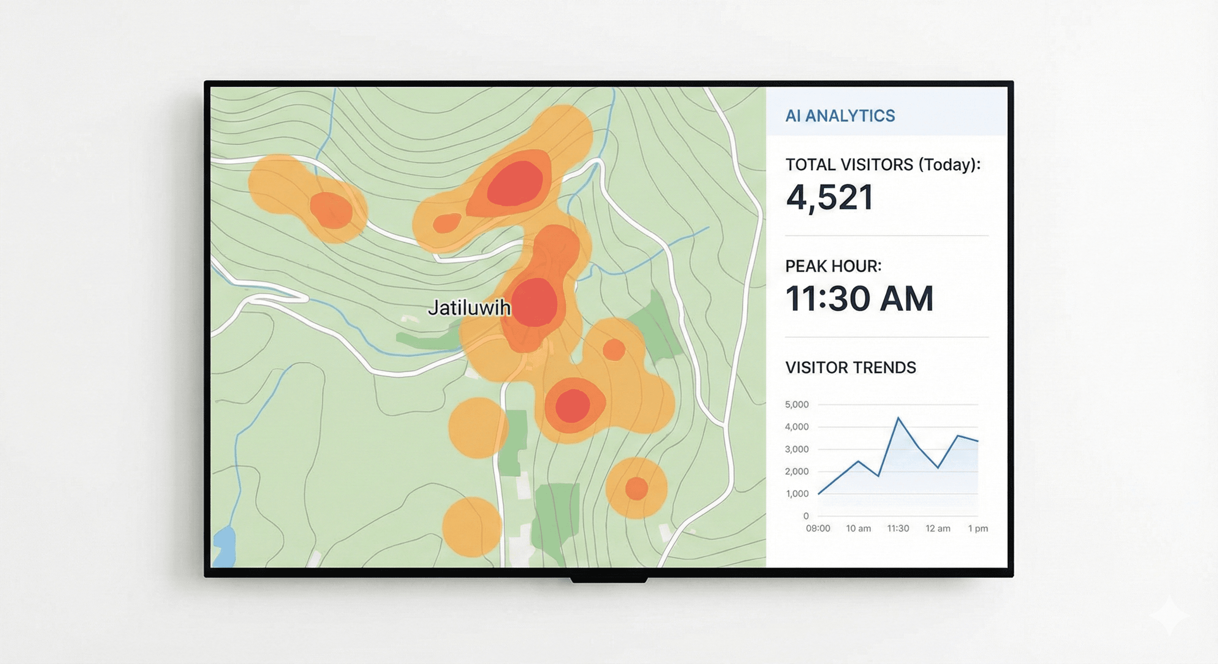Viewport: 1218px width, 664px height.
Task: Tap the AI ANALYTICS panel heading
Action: tap(840, 116)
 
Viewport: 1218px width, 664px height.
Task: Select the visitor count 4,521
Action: tap(829, 198)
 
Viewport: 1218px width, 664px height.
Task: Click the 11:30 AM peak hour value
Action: tap(859, 299)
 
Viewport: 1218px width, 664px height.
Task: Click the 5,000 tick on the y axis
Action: tap(796, 405)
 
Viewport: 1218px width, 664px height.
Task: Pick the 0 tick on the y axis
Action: tap(806, 516)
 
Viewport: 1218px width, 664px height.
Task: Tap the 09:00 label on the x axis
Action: tap(817, 528)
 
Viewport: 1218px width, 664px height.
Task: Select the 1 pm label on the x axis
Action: tap(978, 528)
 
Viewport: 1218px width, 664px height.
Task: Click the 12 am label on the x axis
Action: tap(937, 528)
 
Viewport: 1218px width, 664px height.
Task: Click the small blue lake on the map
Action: tap(224, 546)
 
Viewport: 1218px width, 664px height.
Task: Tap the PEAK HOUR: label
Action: tap(833, 266)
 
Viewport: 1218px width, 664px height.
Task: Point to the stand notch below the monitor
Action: tap(609, 579)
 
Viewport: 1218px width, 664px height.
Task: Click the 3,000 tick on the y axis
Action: tap(796, 449)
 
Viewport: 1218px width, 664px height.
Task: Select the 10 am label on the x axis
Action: tap(858, 528)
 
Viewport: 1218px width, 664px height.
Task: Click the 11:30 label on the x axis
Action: tap(897, 528)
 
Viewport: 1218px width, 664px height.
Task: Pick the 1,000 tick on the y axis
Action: tap(796, 493)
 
